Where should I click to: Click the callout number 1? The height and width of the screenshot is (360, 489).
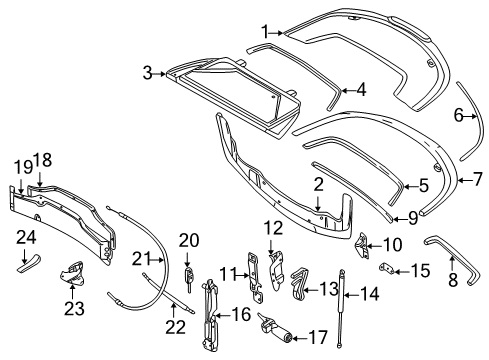click(265, 32)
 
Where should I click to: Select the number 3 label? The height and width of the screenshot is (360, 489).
click(147, 73)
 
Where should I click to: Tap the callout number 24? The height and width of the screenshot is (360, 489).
click(26, 238)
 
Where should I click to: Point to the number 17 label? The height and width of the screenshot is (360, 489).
click(318, 337)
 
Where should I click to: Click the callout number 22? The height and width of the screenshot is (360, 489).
click(175, 327)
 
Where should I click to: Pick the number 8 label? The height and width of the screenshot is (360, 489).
click(453, 279)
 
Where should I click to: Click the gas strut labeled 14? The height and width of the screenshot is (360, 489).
click(341, 308)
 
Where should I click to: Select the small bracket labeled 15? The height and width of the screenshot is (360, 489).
click(387, 268)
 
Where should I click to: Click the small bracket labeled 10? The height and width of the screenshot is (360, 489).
click(361, 246)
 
